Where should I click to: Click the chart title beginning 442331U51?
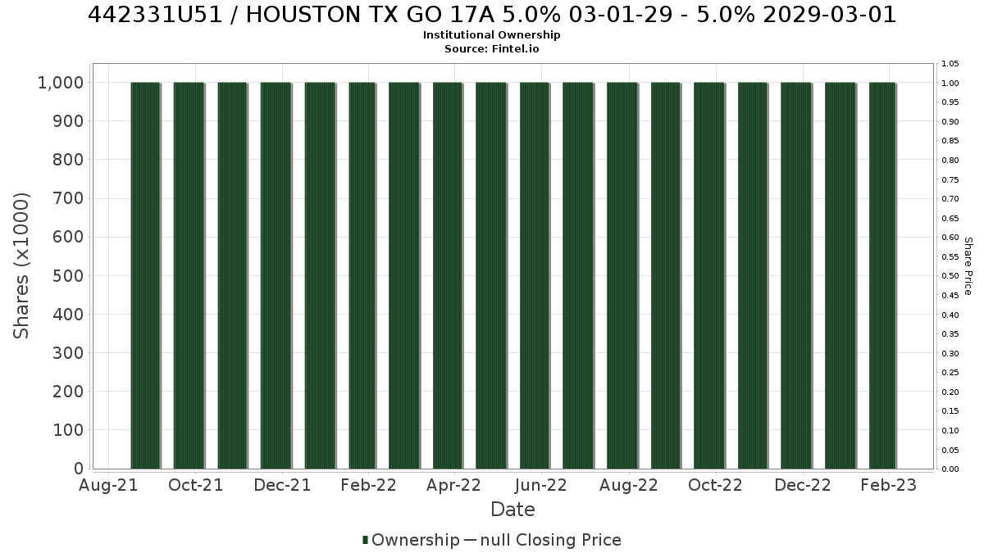coord(491,15)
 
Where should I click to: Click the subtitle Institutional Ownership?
coord(491,35)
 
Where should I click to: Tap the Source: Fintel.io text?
coord(491,48)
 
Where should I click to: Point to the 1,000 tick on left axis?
coord(61,83)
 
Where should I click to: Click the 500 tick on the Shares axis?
coord(68,276)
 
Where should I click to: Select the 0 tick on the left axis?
coord(79,469)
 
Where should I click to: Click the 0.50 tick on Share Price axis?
coord(950,276)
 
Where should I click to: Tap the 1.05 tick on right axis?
coord(950,64)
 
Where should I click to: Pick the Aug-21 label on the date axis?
coord(108,485)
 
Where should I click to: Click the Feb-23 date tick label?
coord(889,485)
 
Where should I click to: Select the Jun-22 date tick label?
coord(540,485)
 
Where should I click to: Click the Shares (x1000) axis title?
coord(21,266)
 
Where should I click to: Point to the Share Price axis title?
coord(968,266)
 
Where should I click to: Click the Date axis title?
coord(512,510)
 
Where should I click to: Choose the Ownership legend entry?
coord(411,540)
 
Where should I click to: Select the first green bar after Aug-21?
coord(145,275)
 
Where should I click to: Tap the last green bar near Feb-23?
coord(882,275)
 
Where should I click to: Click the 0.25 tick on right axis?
coord(950,373)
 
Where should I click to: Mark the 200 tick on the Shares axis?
coord(68,392)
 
